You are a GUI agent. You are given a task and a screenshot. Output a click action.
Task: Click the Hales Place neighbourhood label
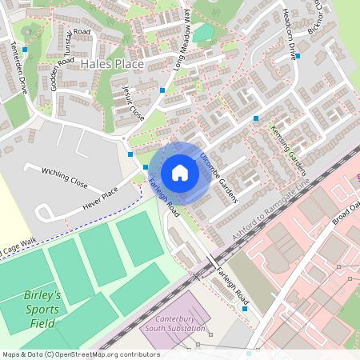(112, 63)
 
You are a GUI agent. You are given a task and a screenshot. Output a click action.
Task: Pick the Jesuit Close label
(134, 102)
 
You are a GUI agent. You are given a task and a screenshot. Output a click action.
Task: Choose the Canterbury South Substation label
(176, 325)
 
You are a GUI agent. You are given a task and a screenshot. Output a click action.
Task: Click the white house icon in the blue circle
(180, 172)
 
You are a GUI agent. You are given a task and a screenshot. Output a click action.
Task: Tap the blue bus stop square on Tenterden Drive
(26, 50)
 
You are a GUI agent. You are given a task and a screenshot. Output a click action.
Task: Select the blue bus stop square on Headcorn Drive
(298, 56)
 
